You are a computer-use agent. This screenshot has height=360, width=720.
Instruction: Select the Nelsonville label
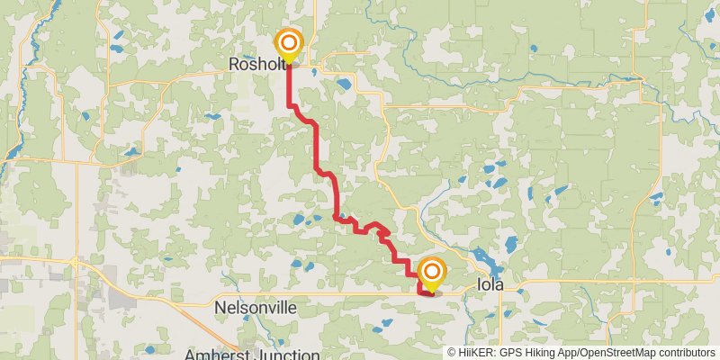click(x=256, y=308)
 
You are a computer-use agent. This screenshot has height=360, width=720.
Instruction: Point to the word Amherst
click(x=214, y=354)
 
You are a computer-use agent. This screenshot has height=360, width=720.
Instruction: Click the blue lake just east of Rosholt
click(x=344, y=85)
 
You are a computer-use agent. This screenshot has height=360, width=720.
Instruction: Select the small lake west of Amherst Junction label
click(x=149, y=348)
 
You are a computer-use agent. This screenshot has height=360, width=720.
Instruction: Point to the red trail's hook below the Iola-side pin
click(x=424, y=290)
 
